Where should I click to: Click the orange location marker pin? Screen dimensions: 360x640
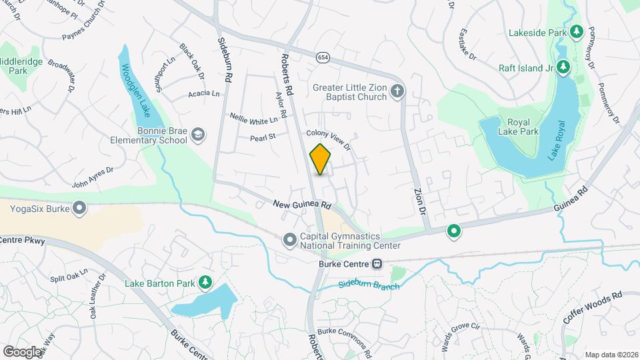point(320,159)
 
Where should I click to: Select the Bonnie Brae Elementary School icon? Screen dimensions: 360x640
point(197,135)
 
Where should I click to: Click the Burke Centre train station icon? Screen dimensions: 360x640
point(377,264)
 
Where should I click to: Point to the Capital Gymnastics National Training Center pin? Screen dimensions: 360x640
point(289,239)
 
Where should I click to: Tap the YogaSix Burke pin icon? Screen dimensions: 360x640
point(79,209)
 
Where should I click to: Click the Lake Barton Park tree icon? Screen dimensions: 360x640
point(206,283)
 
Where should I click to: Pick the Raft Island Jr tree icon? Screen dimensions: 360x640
point(564,67)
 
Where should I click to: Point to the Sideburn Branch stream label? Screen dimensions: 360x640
point(368,285)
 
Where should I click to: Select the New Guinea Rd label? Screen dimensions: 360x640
point(302,205)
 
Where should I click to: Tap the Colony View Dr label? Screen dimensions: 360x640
point(328,141)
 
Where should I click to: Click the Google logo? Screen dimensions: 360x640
point(22,351)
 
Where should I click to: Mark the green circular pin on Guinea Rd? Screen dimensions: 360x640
point(454,231)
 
